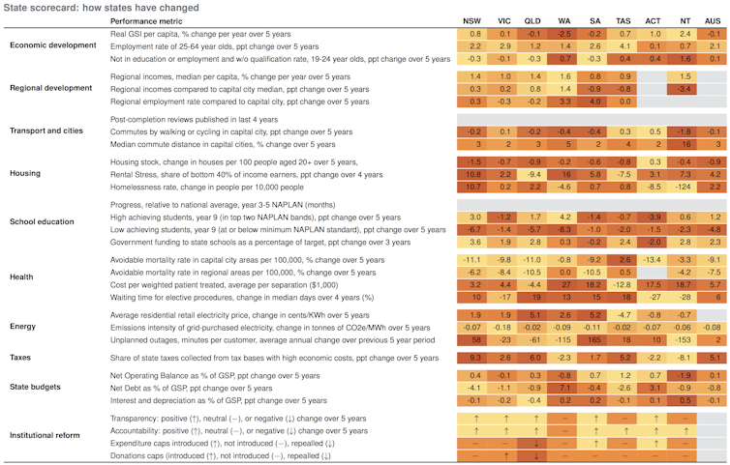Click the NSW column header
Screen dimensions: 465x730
click(x=475, y=19)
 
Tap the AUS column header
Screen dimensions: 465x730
click(x=714, y=19)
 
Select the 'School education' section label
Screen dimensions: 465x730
click(x=43, y=221)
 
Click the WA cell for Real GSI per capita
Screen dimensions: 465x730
click(x=564, y=33)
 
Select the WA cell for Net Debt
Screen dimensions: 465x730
click(x=564, y=387)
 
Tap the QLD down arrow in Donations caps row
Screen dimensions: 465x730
click(x=535, y=455)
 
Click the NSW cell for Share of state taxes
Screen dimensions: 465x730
click(x=475, y=359)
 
